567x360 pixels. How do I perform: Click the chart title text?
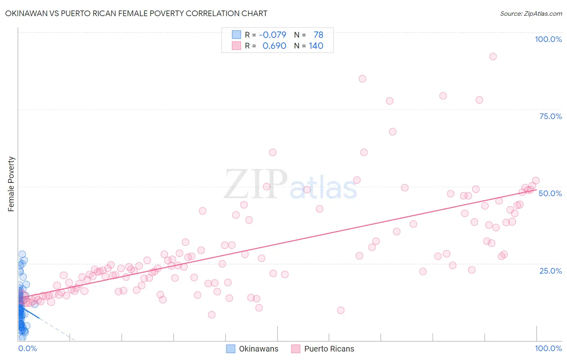coord(136,13)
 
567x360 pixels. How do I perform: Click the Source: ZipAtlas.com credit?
coord(531,13)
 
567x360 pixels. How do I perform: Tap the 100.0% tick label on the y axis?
coord(548,39)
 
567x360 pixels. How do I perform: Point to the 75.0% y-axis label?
coord(550,116)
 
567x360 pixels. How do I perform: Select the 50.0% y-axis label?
coord(550,193)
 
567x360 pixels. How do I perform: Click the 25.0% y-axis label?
coord(550,270)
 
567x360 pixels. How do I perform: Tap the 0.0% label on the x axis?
coord(27,348)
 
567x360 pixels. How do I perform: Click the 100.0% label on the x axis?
coord(548,348)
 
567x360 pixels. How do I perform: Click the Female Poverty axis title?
coord(11,184)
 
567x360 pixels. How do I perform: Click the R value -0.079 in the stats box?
coord(273,35)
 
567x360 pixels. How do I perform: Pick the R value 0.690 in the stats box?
coord(274,46)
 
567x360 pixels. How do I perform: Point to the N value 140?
coord(316,46)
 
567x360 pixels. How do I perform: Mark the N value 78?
coord(318,35)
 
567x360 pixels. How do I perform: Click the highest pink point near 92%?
coord(493,57)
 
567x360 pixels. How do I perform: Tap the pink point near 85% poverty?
coord(363,79)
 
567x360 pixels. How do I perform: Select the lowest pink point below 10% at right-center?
coord(341,310)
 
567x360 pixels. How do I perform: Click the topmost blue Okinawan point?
coord(22,254)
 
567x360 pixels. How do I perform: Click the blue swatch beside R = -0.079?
coord(236,35)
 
